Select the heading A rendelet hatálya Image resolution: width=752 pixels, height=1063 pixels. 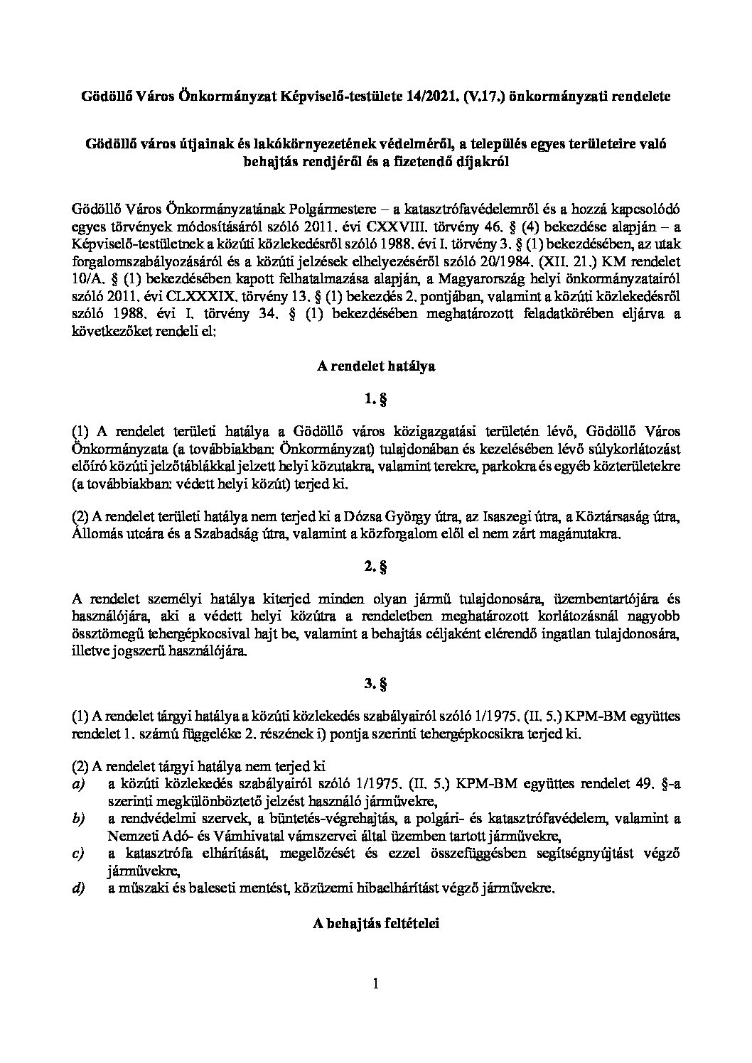(375, 368)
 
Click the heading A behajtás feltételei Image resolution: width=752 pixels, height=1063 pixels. (375, 923)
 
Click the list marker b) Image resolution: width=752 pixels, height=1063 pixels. (78, 819)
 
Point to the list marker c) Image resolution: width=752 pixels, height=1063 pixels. (78, 853)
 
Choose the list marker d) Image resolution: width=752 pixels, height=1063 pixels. (78, 888)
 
